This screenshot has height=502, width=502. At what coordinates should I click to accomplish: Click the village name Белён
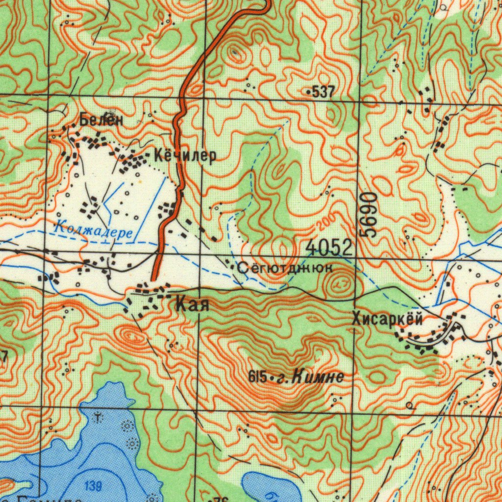click(x=101, y=119)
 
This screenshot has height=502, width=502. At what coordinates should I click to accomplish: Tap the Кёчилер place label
click(x=185, y=156)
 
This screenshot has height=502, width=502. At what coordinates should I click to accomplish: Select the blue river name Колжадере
click(x=93, y=229)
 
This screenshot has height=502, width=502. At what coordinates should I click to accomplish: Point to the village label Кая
click(x=192, y=305)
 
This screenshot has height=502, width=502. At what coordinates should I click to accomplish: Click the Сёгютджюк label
click(x=285, y=268)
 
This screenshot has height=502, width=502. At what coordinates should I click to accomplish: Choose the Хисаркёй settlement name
click(x=387, y=319)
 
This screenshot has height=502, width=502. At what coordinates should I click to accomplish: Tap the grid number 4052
click(x=328, y=248)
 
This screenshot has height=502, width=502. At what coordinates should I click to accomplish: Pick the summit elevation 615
click(x=257, y=377)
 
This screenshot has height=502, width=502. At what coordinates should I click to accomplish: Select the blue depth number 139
click(x=93, y=486)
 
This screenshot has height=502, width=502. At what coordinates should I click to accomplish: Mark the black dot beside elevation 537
click(x=308, y=92)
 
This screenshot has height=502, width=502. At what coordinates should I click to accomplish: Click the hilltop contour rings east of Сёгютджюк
click(x=339, y=283)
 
